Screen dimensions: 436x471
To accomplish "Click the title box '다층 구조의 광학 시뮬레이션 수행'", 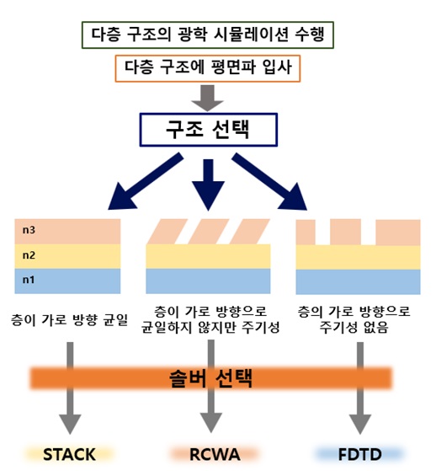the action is [x=208, y=35].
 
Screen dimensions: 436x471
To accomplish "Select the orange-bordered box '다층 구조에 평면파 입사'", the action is [x=208, y=68].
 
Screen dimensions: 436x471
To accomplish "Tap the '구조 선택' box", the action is [x=208, y=130].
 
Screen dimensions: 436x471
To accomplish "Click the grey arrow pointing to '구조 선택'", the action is [x=207, y=98].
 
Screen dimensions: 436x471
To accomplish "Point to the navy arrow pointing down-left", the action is [x=146, y=181].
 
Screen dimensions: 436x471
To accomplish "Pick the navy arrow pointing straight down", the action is [x=208, y=185].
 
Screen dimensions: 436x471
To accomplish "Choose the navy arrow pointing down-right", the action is [x=269, y=181].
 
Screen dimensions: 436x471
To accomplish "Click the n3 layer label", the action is [x=29, y=230].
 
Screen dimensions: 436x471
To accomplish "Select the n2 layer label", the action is [x=29, y=255].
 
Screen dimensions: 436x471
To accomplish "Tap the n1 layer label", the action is [x=29, y=280].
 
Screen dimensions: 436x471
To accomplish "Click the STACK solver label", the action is [x=69, y=454].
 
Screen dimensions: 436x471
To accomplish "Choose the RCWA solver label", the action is [x=215, y=454].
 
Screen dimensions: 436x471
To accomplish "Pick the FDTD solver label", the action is [x=359, y=454].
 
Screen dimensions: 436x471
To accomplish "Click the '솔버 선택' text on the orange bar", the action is [x=210, y=378].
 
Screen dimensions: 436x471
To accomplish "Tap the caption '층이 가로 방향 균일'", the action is [x=69, y=319].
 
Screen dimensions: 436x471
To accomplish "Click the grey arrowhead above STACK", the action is [x=70, y=424].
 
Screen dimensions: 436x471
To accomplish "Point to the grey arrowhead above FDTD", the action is [x=360, y=424].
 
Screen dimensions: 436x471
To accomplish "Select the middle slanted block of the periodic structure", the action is [x=208, y=232].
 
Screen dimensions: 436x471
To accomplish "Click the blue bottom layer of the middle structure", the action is [x=208, y=281].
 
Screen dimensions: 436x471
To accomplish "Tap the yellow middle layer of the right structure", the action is [x=358, y=257].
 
